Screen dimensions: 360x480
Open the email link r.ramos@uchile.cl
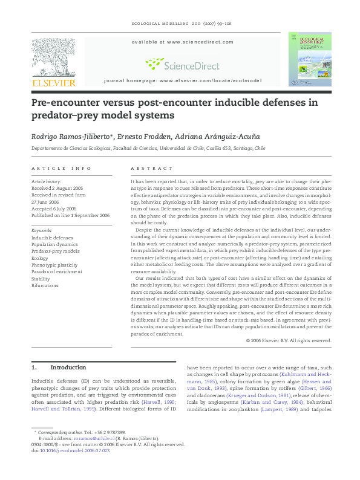83,438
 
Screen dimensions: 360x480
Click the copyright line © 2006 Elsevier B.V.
289,341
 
